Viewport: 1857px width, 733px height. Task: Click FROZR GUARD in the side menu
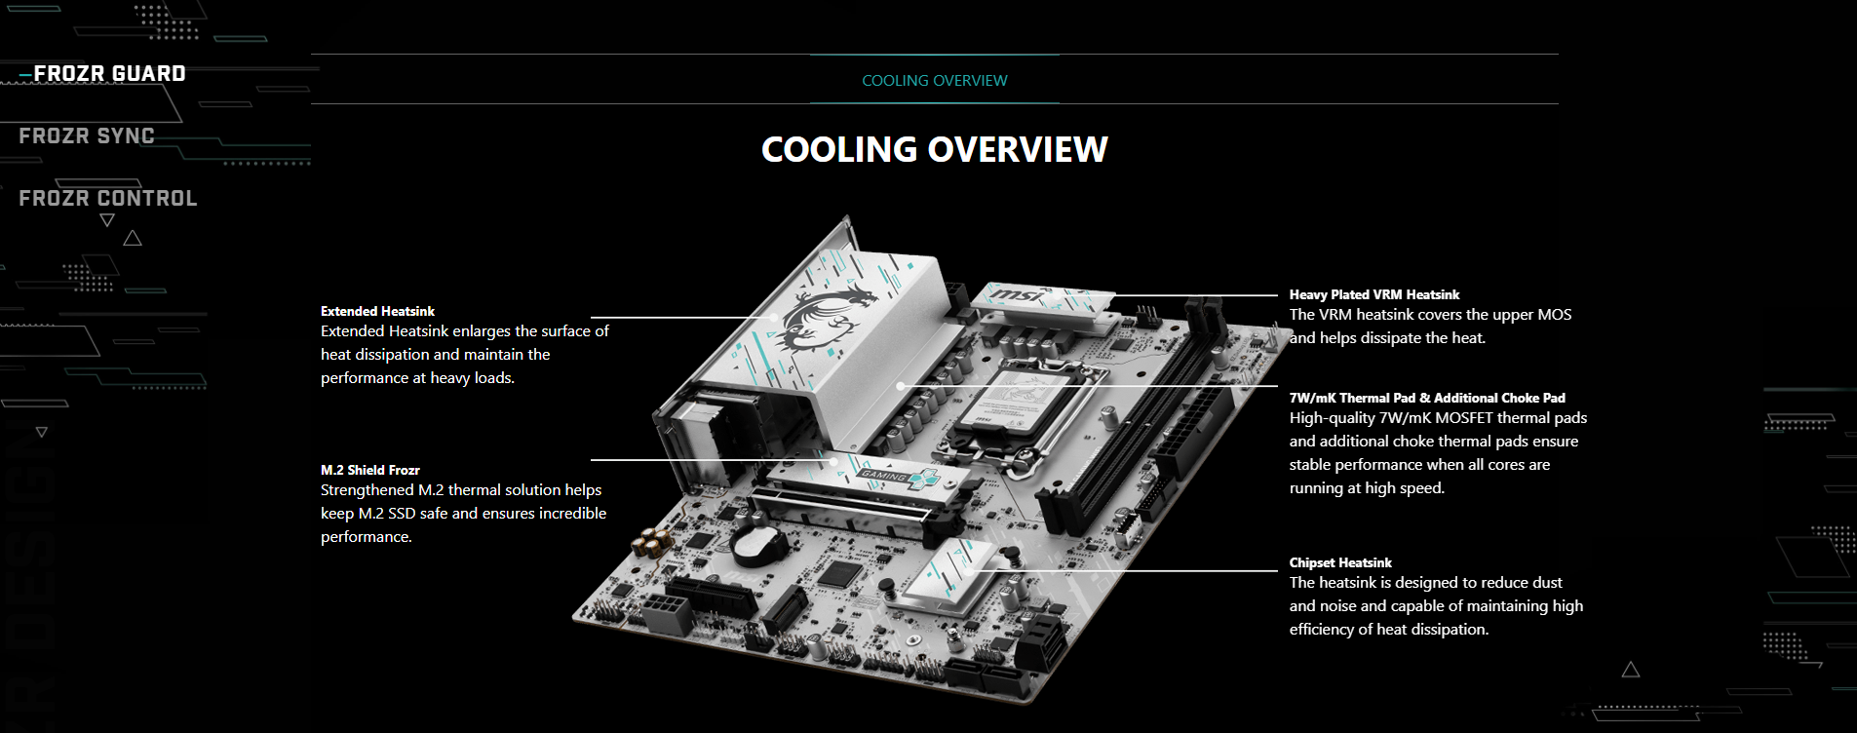tap(109, 74)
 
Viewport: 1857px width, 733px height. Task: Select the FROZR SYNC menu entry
tap(87, 136)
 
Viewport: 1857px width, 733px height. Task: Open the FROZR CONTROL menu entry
tap(108, 199)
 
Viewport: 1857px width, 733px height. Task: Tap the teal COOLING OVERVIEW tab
tap(935, 81)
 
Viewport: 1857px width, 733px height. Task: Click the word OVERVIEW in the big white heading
tap(1018, 149)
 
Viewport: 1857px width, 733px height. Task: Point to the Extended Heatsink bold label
tap(377, 311)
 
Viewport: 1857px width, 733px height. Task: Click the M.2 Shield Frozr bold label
tap(370, 470)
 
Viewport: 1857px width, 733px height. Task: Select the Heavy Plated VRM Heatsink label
tap(1374, 294)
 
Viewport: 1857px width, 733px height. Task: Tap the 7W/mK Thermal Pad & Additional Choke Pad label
tap(1427, 398)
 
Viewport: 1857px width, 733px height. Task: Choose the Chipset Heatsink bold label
tap(1340, 562)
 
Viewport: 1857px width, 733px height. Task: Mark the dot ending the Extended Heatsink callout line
tap(774, 318)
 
